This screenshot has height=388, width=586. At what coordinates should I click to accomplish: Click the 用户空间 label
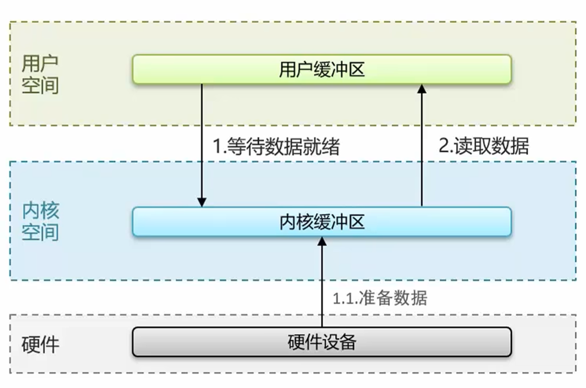pos(40,75)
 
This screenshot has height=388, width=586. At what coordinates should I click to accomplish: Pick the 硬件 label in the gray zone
pos(40,344)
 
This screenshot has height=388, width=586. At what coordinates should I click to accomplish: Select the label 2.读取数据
pos(484,146)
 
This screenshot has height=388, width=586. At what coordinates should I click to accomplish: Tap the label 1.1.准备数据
pos(380,298)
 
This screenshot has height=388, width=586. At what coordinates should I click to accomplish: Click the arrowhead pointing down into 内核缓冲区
pos(202,202)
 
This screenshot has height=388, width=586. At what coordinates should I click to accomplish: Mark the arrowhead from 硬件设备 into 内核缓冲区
pos(322,241)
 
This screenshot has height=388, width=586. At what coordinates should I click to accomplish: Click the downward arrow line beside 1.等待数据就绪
pos(202,142)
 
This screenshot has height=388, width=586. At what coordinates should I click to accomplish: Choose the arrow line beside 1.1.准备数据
pos(322,285)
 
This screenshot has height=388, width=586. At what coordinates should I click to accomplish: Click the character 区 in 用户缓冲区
pos(357,70)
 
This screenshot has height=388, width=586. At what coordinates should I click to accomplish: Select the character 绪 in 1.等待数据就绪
pos(331,146)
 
